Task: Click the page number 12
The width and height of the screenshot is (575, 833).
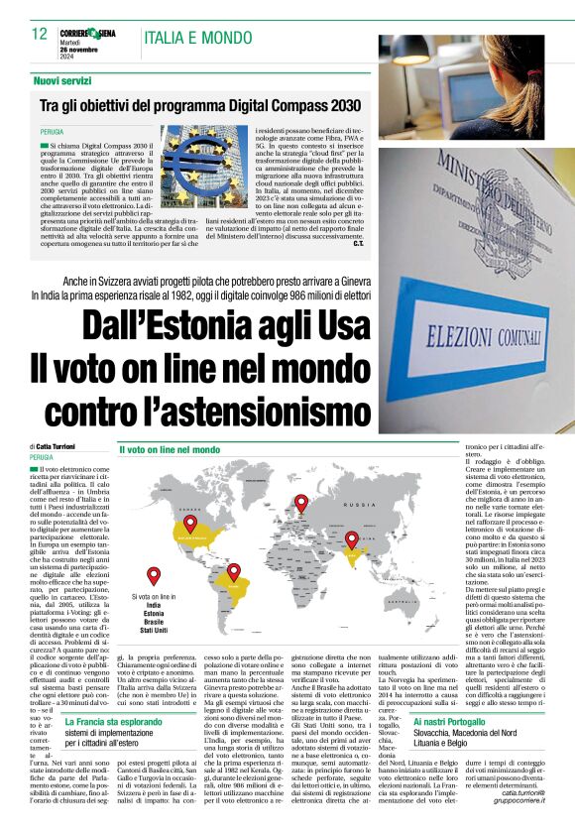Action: pyautogui.click(x=40, y=34)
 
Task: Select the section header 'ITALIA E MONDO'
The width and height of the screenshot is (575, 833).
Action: pyautogui.click(x=184, y=38)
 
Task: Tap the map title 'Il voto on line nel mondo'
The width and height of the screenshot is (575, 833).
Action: pyautogui.click(x=170, y=450)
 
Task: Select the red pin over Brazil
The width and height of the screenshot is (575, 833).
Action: pyautogui.click(x=234, y=572)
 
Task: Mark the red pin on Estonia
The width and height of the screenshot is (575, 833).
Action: pyautogui.click(x=301, y=502)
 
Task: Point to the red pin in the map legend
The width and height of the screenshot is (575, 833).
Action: pyautogui.click(x=153, y=575)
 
